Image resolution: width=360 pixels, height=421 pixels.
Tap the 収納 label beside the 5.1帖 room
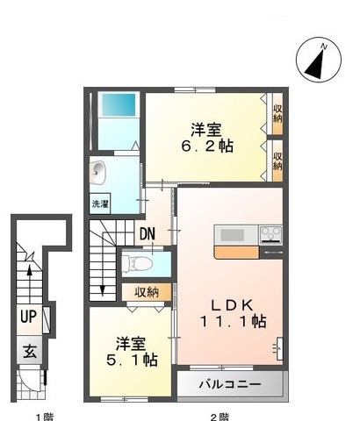click(x=147, y=293)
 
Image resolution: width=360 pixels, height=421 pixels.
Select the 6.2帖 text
click(x=208, y=146)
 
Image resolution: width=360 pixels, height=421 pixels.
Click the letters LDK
click(x=231, y=304)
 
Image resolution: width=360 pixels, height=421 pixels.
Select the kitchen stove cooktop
click(x=268, y=233)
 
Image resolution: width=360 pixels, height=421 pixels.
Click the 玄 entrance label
click(x=28, y=353)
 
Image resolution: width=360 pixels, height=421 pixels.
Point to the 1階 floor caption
click(x=41, y=415)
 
